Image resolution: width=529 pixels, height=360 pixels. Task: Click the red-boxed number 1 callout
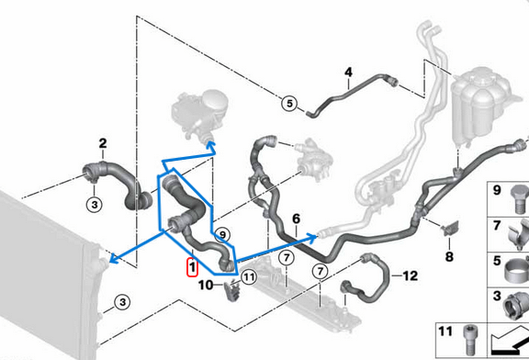coord(191,267)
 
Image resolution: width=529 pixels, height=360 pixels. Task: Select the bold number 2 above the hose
coord(103,142)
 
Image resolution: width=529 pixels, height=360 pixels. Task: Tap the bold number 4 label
coord(349,72)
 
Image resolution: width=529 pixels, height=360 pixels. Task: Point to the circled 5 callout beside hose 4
coord(290,104)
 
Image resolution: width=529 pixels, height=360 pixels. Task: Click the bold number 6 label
coord(296,219)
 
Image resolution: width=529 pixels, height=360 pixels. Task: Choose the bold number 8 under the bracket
coord(449,256)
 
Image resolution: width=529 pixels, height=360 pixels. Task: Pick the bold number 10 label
coord(207,286)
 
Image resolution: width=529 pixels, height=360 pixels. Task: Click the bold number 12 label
coord(410,275)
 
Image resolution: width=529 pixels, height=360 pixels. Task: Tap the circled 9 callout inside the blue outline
coord(222,234)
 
